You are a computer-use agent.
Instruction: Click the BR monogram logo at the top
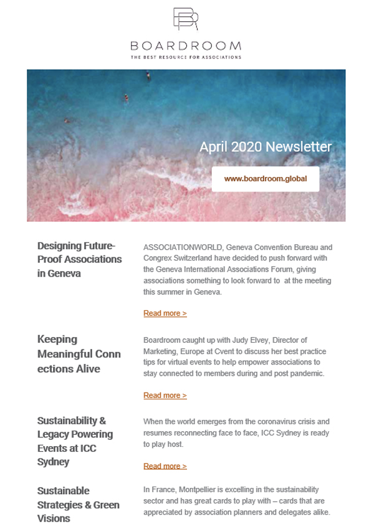point(186,20)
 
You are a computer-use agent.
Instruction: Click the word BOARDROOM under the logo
point(186,46)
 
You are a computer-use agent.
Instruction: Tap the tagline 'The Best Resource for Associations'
point(186,57)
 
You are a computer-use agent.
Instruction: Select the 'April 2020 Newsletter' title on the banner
point(265,147)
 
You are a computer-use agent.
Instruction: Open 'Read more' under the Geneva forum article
point(165,313)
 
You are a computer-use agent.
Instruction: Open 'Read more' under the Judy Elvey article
point(165,396)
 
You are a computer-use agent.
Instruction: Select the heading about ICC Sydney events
point(75,441)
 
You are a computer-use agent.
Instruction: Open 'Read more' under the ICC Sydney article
point(165,466)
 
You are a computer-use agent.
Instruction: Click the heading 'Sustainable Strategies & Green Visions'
point(78,504)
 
